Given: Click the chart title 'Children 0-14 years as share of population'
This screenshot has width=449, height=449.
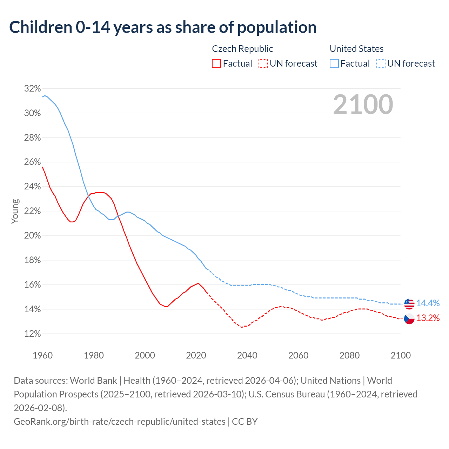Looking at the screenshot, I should tap(163, 27).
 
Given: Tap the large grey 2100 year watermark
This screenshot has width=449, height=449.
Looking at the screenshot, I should tap(363, 105).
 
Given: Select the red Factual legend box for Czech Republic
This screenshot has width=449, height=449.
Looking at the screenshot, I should tap(216, 63).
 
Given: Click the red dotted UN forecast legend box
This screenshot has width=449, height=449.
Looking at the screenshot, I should tap(263, 63).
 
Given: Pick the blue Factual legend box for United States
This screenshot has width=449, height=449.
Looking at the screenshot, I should tap(334, 63).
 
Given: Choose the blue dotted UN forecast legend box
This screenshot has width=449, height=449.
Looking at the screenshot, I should tap(381, 63).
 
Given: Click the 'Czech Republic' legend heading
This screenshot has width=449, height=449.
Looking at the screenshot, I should tap(242, 49).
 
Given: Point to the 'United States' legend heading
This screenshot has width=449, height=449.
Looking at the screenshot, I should tap(356, 49).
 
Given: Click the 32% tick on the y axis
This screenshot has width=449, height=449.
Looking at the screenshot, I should tap(32, 88).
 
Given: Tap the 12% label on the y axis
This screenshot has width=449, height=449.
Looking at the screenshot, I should tap(32, 334).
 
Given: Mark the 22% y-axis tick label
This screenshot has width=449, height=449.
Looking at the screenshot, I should tap(32, 211).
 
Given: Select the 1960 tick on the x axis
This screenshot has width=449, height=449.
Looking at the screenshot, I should tap(42, 355).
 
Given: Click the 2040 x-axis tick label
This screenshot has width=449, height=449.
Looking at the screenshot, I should tap(247, 355).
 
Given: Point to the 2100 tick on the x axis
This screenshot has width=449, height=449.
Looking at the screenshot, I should tap(401, 355).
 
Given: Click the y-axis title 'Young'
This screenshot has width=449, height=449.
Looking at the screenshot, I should tap(15, 211).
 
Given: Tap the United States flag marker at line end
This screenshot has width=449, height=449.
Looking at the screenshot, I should tap(409, 304).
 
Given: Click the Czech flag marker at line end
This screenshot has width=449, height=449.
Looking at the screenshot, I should tap(409, 319).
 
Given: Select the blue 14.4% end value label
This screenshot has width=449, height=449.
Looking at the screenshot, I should tap(428, 303).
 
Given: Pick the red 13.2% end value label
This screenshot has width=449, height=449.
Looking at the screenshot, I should tap(428, 318).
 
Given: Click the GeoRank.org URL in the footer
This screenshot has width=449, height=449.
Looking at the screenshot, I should tap(120, 421).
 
